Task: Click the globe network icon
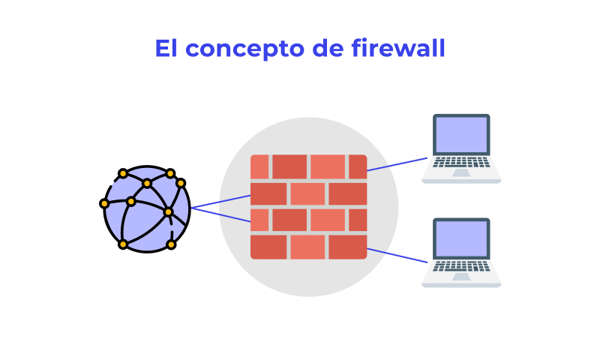point(146,208)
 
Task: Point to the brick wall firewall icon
point(308,207)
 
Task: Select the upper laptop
point(461,148)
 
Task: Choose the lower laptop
point(461,253)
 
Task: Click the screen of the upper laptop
point(461,135)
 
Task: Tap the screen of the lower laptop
point(461,239)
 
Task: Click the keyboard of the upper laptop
point(461,161)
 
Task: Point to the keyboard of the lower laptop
point(461,265)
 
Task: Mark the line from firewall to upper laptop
point(397,164)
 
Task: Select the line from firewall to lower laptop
point(397,255)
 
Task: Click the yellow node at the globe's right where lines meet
point(168,212)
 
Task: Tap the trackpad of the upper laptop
point(461,172)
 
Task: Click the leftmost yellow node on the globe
point(104,203)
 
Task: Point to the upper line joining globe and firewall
point(221,201)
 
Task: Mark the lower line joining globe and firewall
point(221,214)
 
